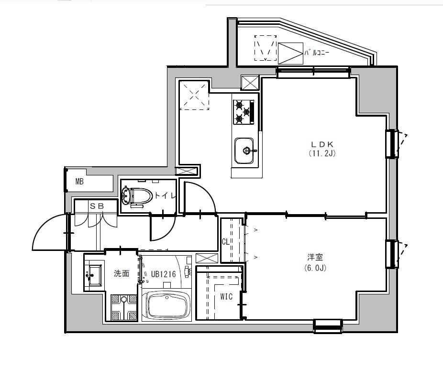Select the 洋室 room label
[x=315, y=258]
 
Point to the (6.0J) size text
[x=315, y=268]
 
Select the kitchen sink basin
[x=245, y=151]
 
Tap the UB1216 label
[x=164, y=274]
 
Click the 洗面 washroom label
[x=122, y=274]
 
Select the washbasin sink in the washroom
[x=94, y=275]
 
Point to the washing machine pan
[x=124, y=307]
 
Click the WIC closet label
[x=226, y=297]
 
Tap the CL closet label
[x=226, y=242]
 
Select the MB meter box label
[x=79, y=182]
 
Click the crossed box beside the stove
[x=250, y=83]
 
